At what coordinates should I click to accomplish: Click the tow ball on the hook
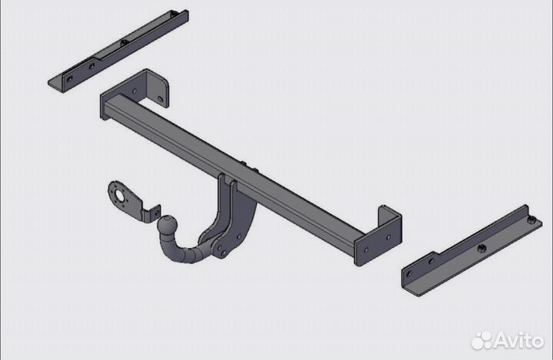pos(167,224)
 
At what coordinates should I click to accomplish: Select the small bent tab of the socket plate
pos(151,214)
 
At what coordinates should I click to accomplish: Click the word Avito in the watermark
pos(518,340)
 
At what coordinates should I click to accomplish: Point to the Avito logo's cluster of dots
pos(482,340)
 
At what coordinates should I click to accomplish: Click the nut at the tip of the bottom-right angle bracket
pos(531,220)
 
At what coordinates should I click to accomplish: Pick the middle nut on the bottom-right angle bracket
pos(481,249)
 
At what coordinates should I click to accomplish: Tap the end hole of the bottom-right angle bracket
pos(409,273)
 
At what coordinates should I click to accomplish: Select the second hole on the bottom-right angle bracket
pos(431,261)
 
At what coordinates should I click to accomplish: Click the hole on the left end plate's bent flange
pos(160,99)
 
